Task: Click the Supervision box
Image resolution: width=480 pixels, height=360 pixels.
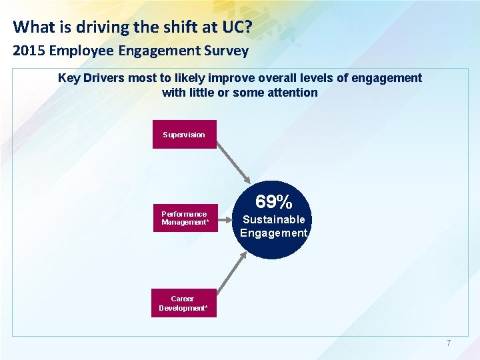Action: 184,134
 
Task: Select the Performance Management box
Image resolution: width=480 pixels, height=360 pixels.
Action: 184,218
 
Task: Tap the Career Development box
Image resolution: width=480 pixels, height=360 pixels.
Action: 183,303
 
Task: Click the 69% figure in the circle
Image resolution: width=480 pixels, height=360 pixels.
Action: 273,201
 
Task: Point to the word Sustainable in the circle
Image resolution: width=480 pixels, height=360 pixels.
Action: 273,219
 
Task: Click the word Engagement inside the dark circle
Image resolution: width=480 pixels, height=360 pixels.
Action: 273,233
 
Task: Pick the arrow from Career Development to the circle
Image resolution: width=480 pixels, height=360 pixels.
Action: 233,274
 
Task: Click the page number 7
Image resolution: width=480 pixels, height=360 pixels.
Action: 449,343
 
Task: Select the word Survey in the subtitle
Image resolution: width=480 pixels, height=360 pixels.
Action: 226,51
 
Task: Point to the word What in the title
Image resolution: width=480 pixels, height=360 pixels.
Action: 31,27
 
